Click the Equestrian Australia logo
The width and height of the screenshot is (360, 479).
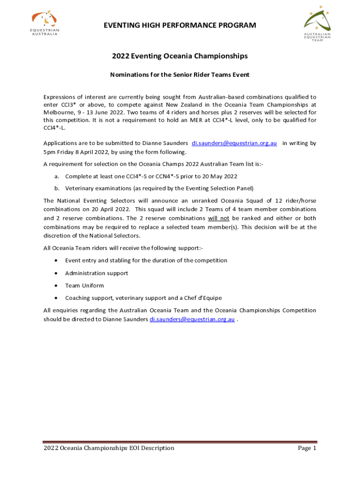(45, 23)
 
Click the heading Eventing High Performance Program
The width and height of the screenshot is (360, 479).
(180, 25)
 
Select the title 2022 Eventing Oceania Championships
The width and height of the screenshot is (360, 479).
(180, 56)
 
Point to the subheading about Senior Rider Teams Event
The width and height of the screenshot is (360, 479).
(180, 75)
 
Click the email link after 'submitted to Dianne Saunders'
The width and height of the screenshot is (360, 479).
(234, 143)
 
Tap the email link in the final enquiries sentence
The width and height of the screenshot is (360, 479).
(192, 319)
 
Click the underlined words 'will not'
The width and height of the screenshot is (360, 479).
(218, 218)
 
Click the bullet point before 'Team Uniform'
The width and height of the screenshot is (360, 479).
(57, 285)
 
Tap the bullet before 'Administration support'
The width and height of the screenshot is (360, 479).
(57, 273)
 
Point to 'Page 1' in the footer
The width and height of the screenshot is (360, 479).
(307, 448)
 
